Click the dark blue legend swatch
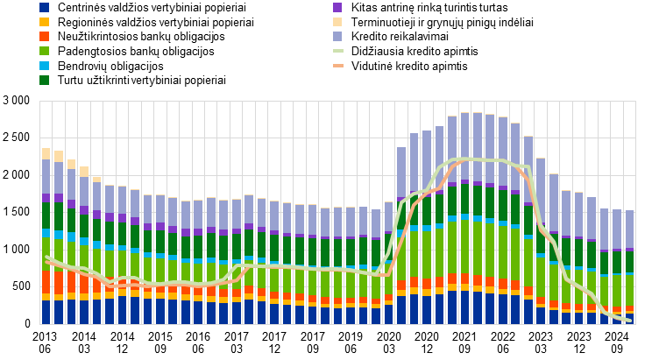44,7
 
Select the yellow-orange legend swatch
44,22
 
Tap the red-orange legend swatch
44,37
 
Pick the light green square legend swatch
44,51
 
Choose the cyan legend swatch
44,66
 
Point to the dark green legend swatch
44,80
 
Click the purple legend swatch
337,7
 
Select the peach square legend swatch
337,22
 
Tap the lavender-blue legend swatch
337,37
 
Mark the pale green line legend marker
338,51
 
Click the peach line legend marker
338,66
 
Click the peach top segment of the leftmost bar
46,153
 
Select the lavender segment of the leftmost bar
46,176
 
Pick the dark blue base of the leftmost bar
46,313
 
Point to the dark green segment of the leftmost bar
46,215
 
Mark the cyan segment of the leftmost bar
46,233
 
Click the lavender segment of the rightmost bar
629,229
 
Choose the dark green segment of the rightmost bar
629,262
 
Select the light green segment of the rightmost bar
629,290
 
